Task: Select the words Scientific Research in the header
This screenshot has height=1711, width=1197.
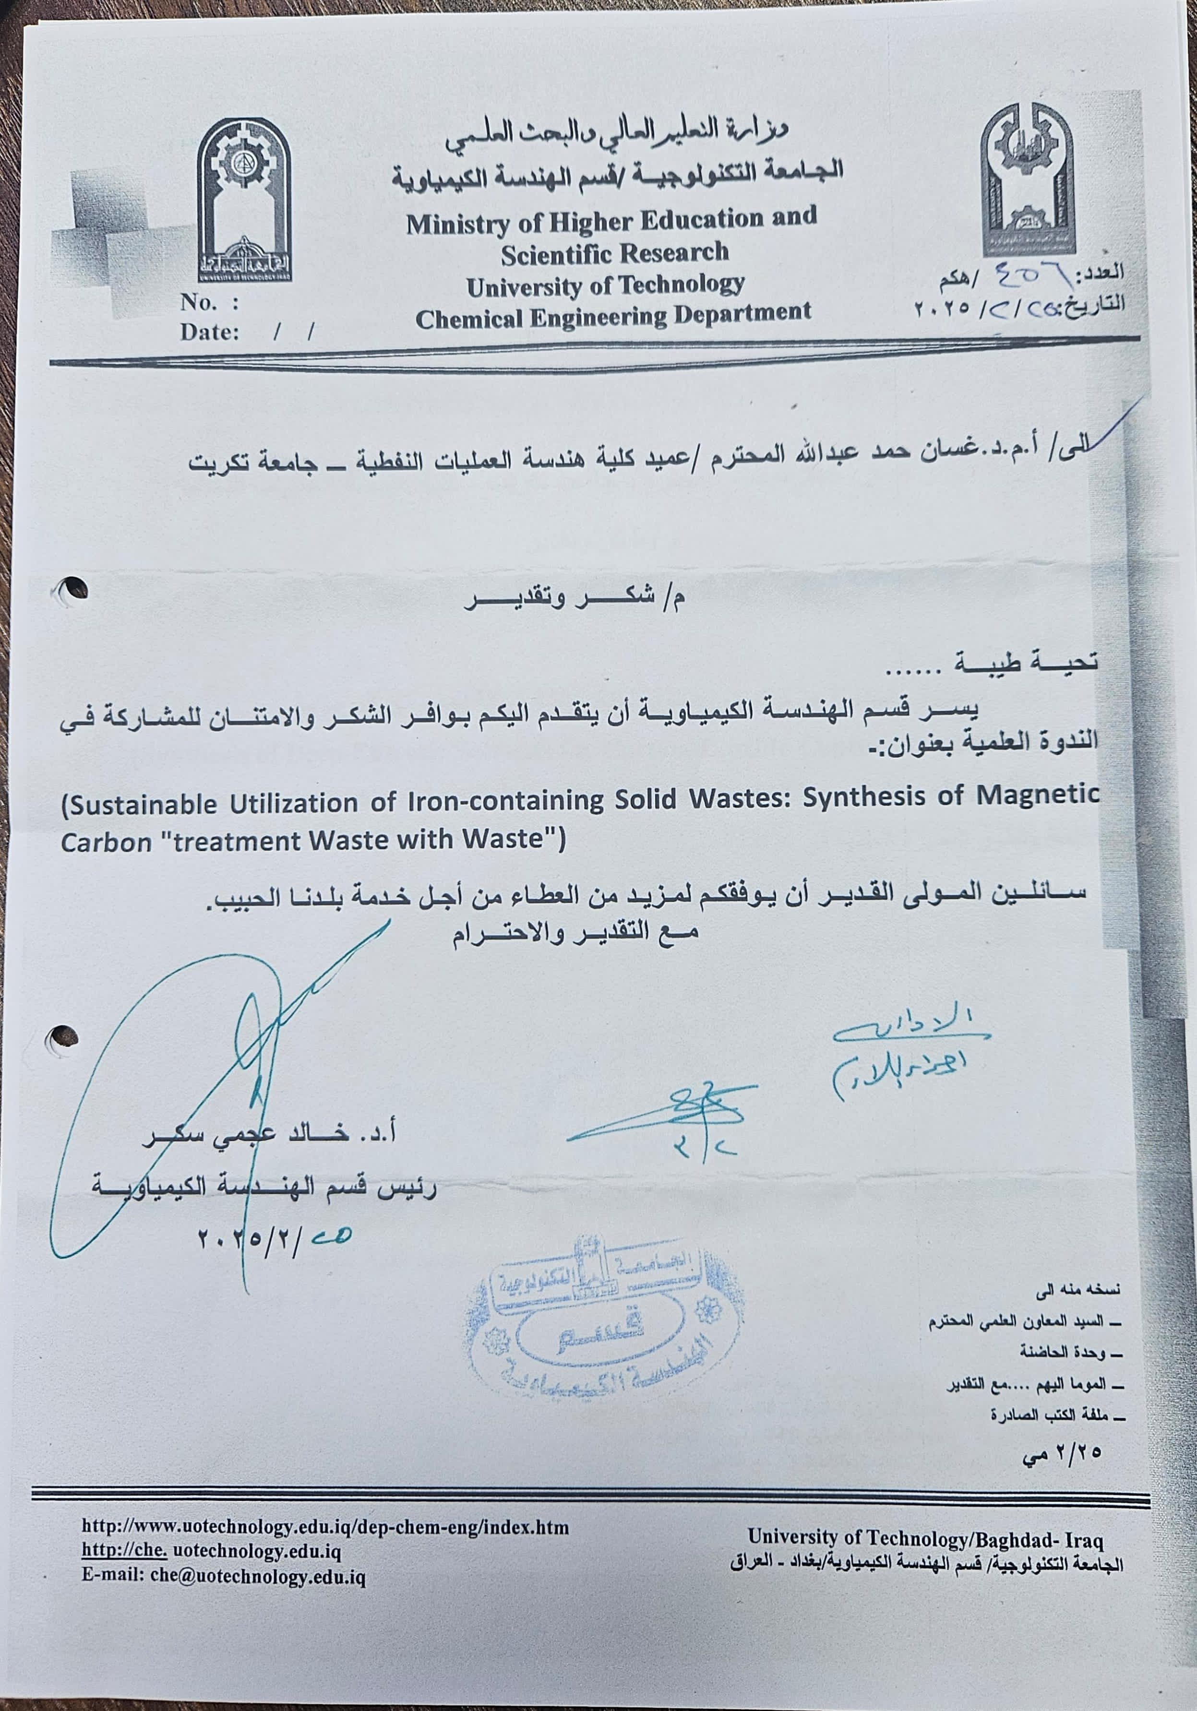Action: coord(614,253)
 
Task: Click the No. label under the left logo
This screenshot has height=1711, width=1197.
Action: coord(199,303)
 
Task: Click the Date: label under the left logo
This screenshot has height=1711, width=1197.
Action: coord(209,333)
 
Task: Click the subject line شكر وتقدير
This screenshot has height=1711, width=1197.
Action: coord(574,599)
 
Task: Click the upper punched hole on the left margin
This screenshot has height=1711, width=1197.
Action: coord(72,590)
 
